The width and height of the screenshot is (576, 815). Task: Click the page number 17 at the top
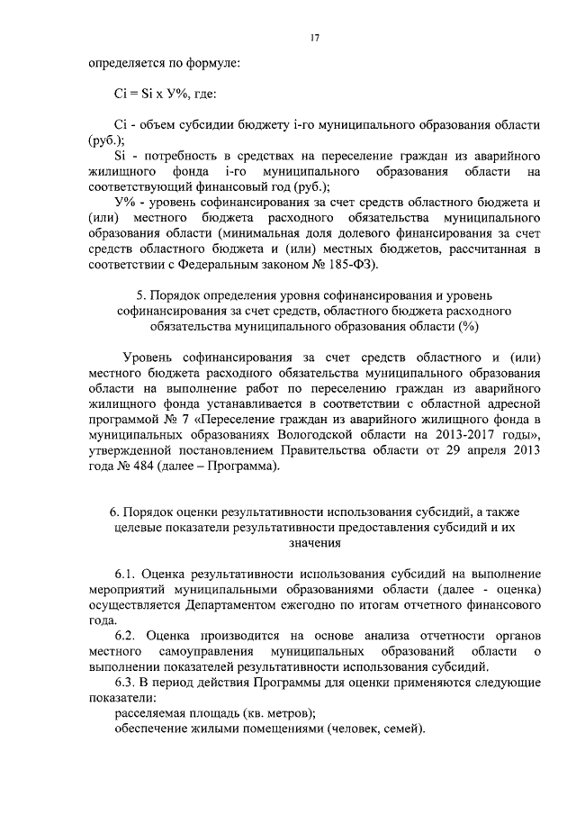(x=314, y=38)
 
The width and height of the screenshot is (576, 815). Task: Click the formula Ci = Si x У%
(x=148, y=93)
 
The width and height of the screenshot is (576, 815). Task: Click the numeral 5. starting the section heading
(x=140, y=294)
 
